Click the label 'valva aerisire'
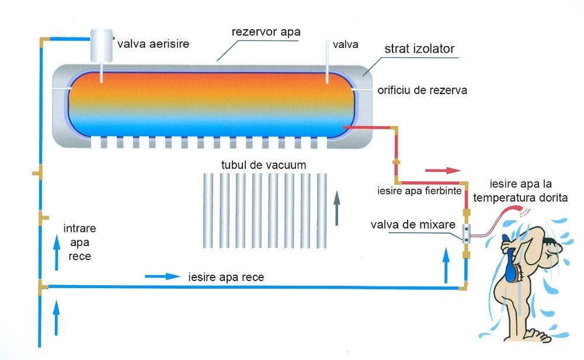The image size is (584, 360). pyautogui.click(x=153, y=43)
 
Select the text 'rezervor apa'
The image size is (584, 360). pyautogui.click(x=266, y=32)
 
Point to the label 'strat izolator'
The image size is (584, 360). pyautogui.click(x=419, y=49)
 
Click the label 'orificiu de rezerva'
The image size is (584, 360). pyautogui.click(x=422, y=91)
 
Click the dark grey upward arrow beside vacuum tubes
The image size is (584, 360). pyautogui.click(x=337, y=208)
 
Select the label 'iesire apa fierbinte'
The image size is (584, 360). pyautogui.click(x=420, y=190)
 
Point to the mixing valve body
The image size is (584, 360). pyautogui.click(x=467, y=234)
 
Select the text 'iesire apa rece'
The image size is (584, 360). pyautogui.click(x=227, y=277)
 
